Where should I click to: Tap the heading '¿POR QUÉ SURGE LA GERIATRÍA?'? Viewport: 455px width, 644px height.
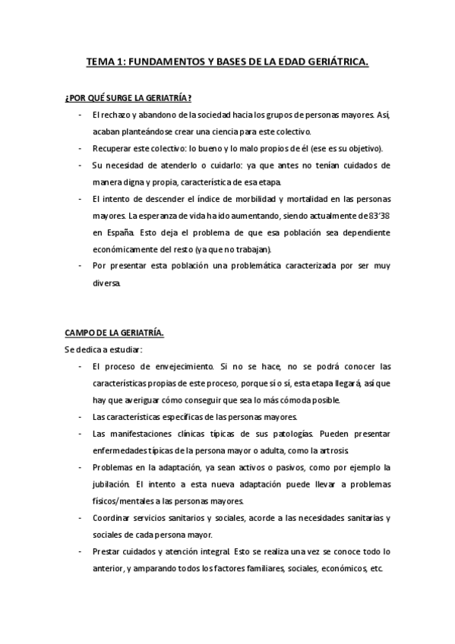(x=127, y=99)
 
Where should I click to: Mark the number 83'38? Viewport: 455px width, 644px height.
(x=379, y=215)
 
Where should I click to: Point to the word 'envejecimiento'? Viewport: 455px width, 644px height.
(x=179, y=367)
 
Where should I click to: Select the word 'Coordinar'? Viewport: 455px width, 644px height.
(x=112, y=518)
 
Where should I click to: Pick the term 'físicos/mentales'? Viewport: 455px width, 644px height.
(x=125, y=500)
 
